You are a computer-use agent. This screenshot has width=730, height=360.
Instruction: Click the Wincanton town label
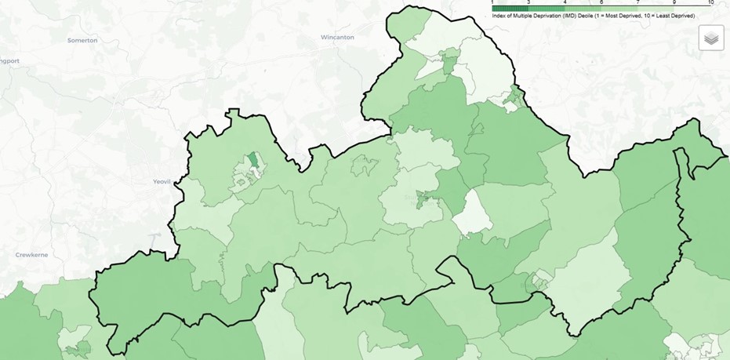(x=337, y=37)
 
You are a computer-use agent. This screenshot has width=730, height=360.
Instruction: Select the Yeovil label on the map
(x=161, y=181)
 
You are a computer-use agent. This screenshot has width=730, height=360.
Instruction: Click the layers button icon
(x=711, y=38)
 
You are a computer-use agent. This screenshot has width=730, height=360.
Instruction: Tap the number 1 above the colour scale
(x=492, y=2)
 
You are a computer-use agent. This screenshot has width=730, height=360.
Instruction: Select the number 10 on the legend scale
(x=710, y=2)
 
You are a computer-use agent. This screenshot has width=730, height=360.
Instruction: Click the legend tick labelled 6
(x=601, y=2)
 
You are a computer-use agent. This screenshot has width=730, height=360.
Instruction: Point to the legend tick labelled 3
(x=528, y=2)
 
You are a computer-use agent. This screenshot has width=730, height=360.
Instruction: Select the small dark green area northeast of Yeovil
(x=254, y=161)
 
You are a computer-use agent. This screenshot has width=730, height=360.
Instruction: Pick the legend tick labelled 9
(x=674, y=2)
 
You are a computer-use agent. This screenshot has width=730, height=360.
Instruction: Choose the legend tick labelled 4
(x=565, y=2)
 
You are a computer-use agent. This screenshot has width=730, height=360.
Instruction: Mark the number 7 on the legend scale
(x=637, y=2)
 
